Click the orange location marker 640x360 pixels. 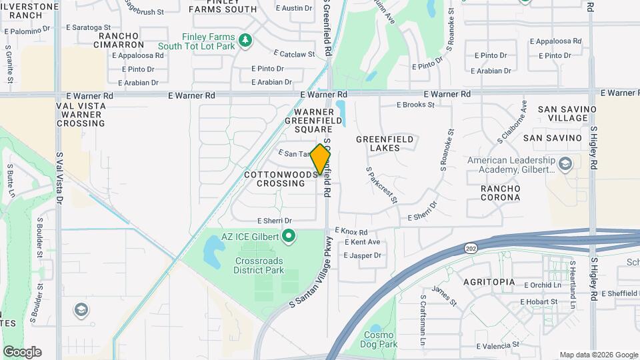pyautogui.click(x=321, y=159)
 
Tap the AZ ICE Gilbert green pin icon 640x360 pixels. pyautogui.click(x=289, y=235)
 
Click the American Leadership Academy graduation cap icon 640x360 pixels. pyautogui.click(x=565, y=164)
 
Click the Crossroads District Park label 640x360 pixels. pyautogui.click(x=259, y=265)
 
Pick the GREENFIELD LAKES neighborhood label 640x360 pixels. pyautogui.click(x=385, y=143)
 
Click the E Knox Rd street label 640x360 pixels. pyautogui.click(x=351, y=231)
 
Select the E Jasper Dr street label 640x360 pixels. pyautogui.click(x=362, y=255)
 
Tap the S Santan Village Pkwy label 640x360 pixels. pyautogui.click(x=311, y=272)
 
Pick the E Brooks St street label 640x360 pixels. pyautogui.click(x=415, y=105)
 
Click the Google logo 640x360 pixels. pyautogui.click(x=22, y=351)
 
